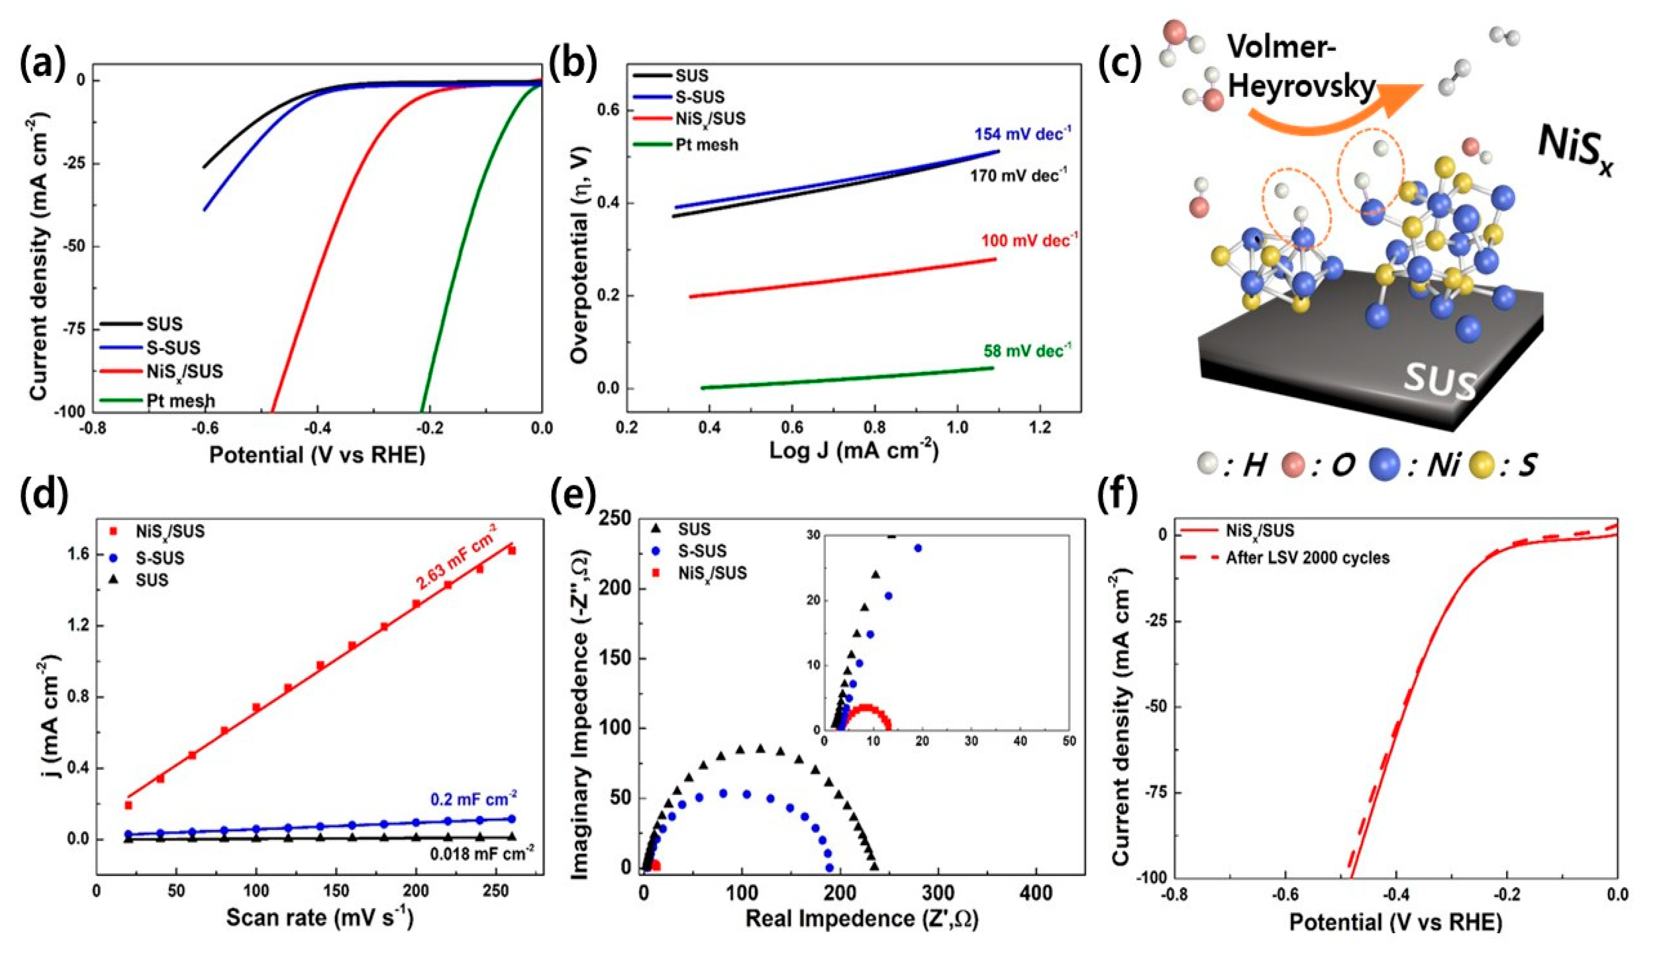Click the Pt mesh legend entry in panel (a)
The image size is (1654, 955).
[180, 400]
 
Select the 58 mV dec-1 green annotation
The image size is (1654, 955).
[1027, 351]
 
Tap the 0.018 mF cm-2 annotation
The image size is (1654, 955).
[482, 854]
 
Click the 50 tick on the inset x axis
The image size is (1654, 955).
[1068, 742]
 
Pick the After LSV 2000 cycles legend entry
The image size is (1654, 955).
[1307, 558]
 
